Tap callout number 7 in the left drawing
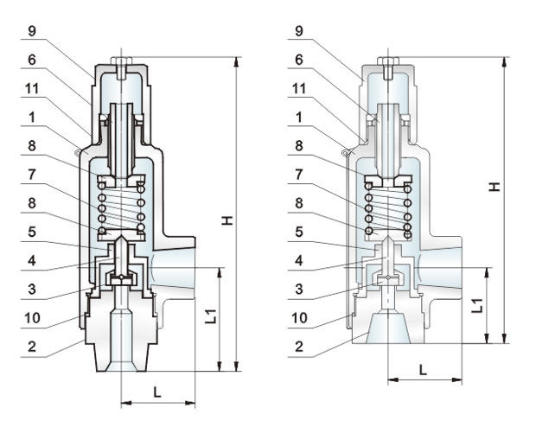click(x=31, y=176)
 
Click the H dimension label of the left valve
click(x=227, y=221)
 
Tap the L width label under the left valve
click(x=156, y=392)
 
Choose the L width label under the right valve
click(x=423, y=368)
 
